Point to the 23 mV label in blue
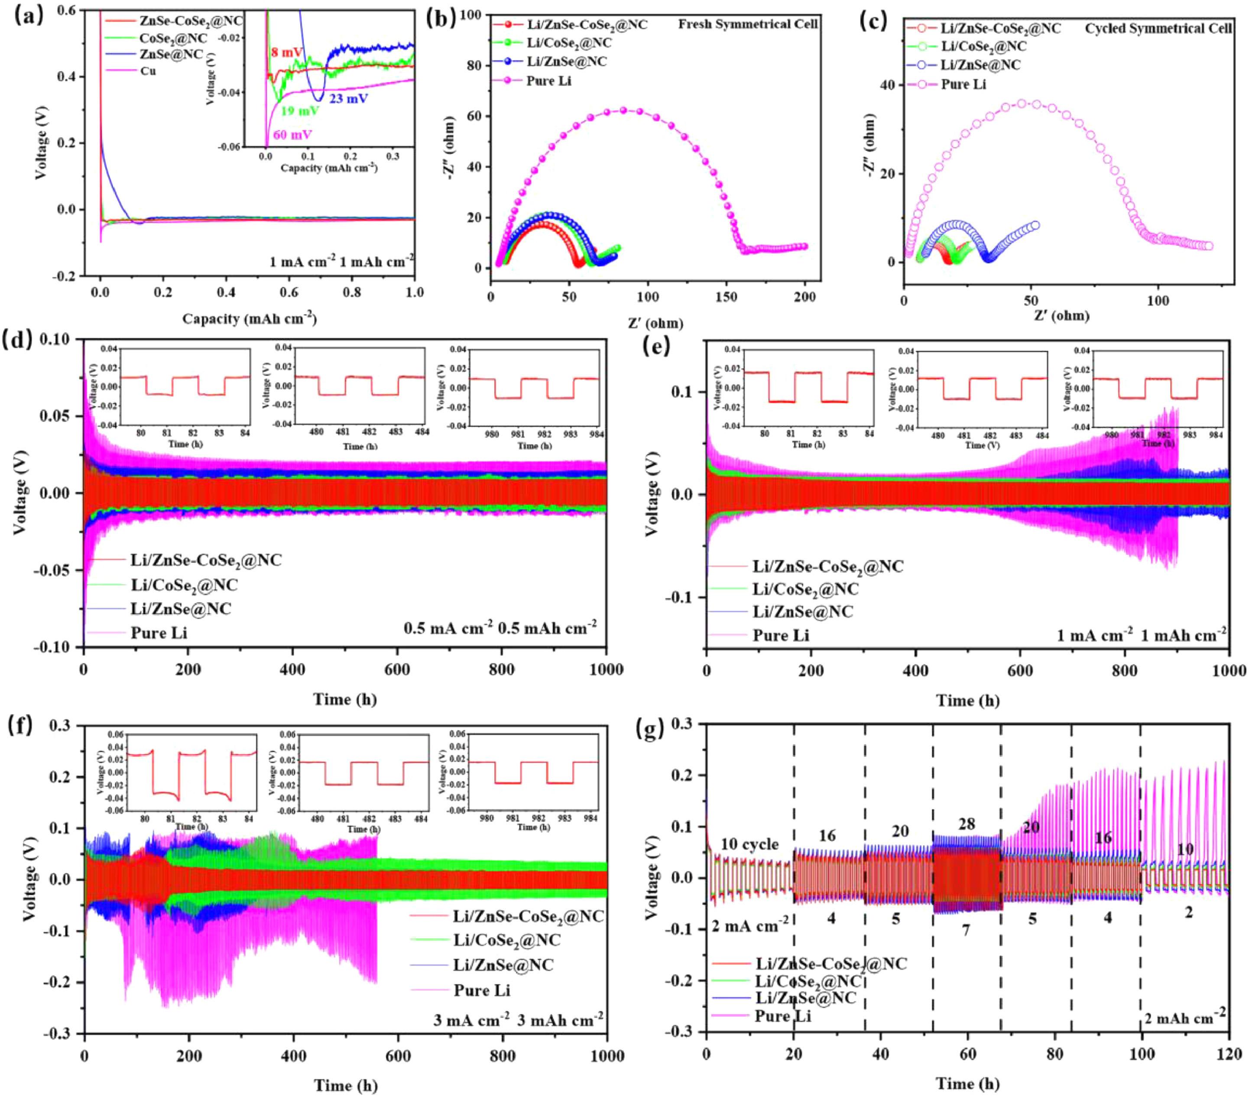coord(349,98)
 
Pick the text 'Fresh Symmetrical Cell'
coord(747,24)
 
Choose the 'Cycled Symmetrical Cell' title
coord(1158,29)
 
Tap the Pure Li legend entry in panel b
coord(549,81)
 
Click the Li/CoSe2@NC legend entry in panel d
coord(183,585)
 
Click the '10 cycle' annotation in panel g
coord(749,844)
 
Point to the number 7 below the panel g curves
coord(966,929)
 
